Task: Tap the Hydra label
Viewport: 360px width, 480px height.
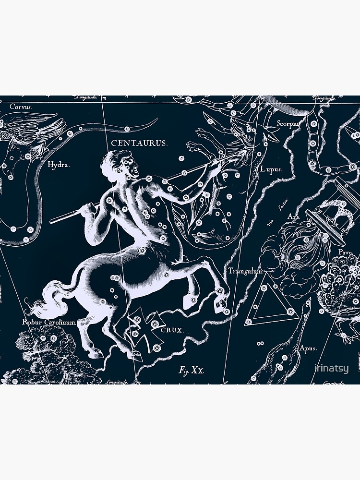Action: tap(59, 165)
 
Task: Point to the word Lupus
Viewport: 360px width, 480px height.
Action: tap(271, 169)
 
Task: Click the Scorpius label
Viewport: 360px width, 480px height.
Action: tap(288, 123)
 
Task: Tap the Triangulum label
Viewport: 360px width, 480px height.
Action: tap(246, 271)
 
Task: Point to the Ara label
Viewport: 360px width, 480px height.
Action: tap(293, 217)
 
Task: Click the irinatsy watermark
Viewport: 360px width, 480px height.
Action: tap(331, 369)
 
